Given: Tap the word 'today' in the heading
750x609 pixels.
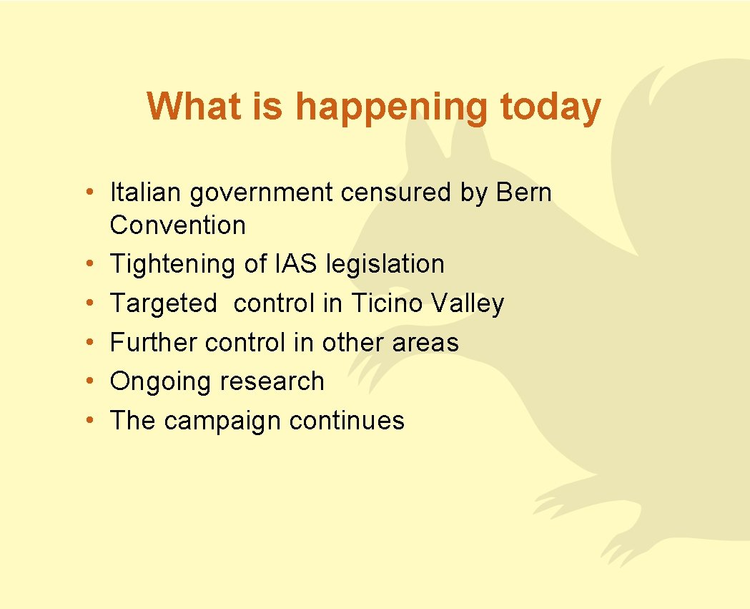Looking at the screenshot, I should click(x=551, y=107).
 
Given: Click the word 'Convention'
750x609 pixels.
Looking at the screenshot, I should click(x=177, y=225).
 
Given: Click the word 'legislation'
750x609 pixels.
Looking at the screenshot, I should click(x=385, y=264).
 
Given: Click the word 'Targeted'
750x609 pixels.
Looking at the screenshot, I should click(x=163, y=304).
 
